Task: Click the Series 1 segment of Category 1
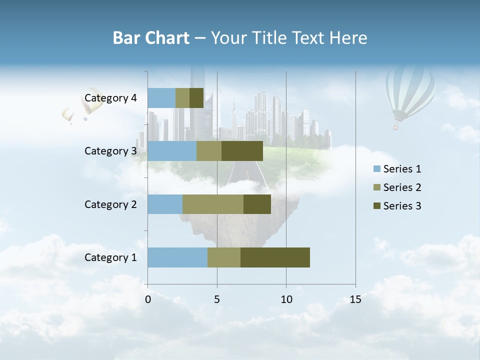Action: click(x=177, y=257)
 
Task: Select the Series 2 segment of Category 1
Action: click(x=224, y=257)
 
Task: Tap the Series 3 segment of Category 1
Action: click(x=275, y=257)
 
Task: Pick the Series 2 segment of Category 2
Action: click(x=213, y=204)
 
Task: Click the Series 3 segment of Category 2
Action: click(x=257, y=204)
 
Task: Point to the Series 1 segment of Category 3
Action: click(x=172, y=151)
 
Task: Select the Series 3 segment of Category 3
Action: click(x=242, y=151)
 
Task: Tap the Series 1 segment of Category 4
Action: click(x=161, y=98)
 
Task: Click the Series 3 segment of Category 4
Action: click(x=196, y=98)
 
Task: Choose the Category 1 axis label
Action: click(x=110, y=257)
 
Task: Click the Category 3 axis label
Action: click(x=110, y=151)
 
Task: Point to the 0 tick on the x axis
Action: click(x=148, y=299)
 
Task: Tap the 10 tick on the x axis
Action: click(x=286, y=299)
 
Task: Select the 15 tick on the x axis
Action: click(x=355, y=299)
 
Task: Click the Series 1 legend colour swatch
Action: click(x=377, y=169)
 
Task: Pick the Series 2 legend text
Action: click(x=402, y=187)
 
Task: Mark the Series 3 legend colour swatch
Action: click(x=377, y=206)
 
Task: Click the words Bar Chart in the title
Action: click(x=151, y=38)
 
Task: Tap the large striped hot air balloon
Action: click(x=409, y=92)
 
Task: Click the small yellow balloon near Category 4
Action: click(x=67, y=115)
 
